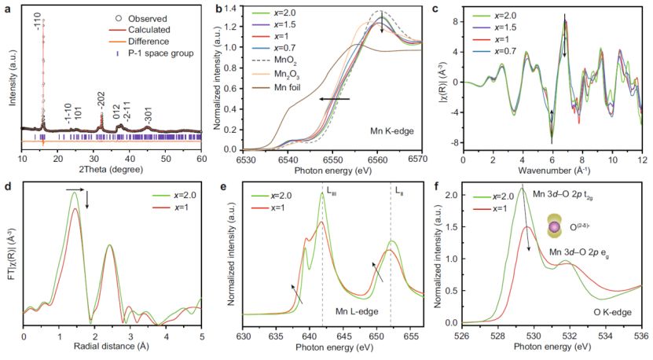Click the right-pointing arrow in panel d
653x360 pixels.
click(75, 189)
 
